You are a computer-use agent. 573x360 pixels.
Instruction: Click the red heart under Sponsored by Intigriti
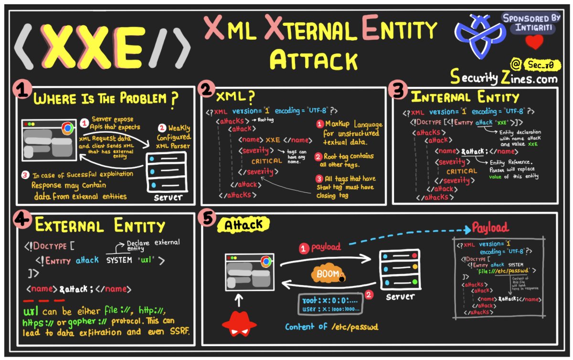(534, 43)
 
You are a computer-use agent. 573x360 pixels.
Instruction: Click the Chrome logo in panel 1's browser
(67, 128)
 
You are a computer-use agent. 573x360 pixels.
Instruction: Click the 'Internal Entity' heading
(465, 98)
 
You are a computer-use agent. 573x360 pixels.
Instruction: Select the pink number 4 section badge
(20, 219)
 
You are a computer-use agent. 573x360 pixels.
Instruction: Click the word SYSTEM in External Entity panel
(121, 260)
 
